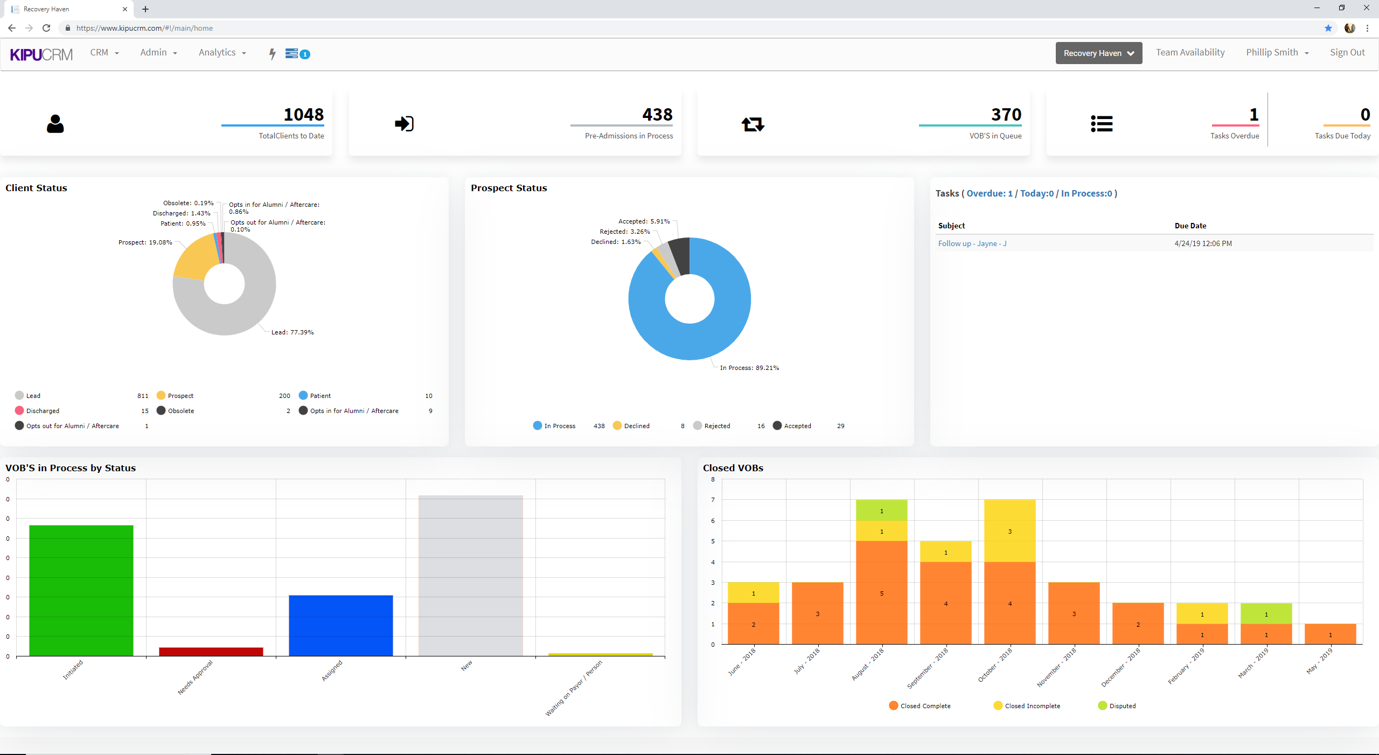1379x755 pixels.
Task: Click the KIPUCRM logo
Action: click(41, 54)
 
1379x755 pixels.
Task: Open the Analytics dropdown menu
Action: click(222, 53)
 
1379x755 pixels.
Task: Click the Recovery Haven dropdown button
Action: click(1098, 53)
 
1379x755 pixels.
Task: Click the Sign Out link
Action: click(1347, 53)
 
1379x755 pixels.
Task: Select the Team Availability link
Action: click(1190, 53)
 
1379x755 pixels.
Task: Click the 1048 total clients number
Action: click(303, 115)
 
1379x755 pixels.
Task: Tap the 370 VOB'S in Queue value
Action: click(1006, 115)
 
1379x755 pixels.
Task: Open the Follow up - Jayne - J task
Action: click(972, 243)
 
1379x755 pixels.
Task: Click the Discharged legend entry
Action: click(42, 411)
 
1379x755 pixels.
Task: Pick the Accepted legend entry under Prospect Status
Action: click(797, 426)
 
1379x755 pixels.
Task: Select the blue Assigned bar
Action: click(340, 625)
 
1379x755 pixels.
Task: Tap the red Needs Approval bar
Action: click(211, 651)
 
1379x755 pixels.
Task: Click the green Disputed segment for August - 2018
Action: click(881, 510)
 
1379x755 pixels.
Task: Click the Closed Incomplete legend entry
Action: click(1031, 706)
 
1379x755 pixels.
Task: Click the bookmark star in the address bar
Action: click(1328, 28)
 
